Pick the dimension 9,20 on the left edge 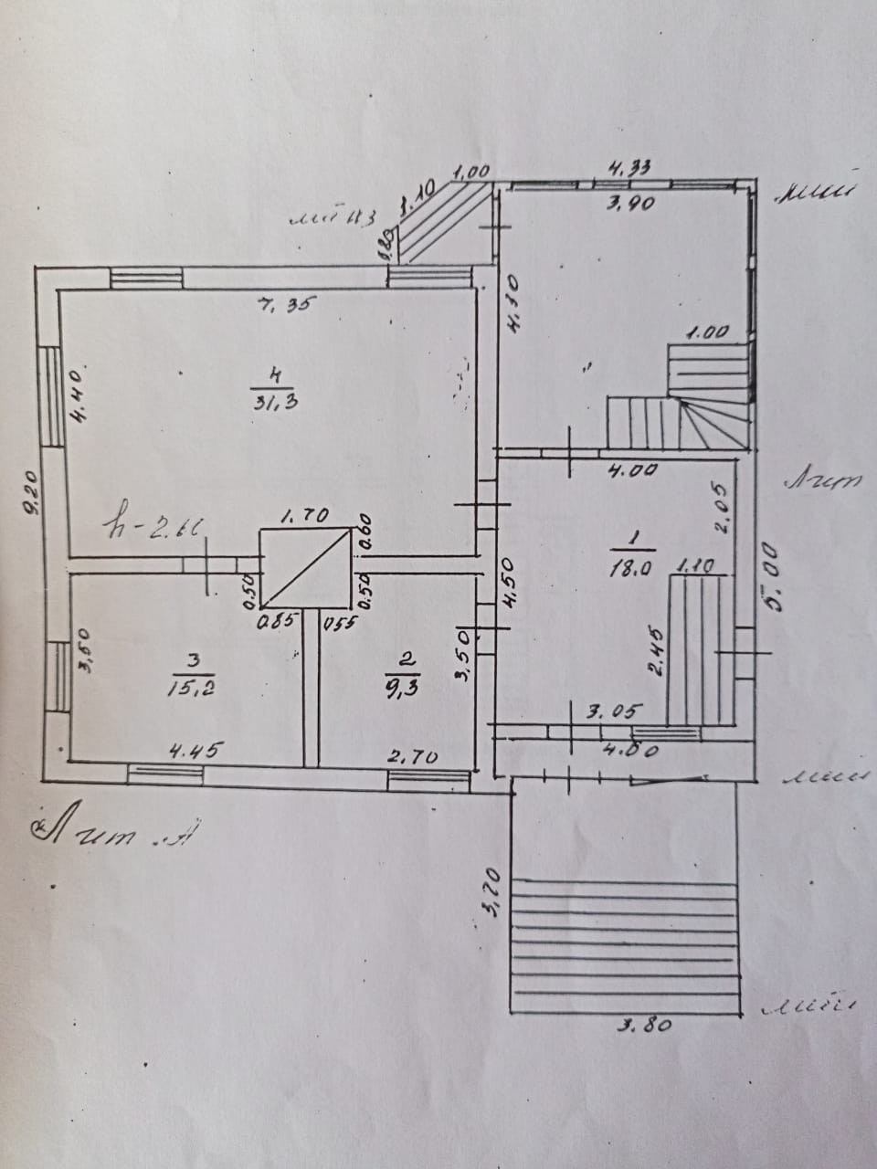point(32,494)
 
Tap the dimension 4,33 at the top point(629,166)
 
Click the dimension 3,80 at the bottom point(644,1025)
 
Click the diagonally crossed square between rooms point(305,567)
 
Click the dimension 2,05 point(722,509)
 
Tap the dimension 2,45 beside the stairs point(657,650)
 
